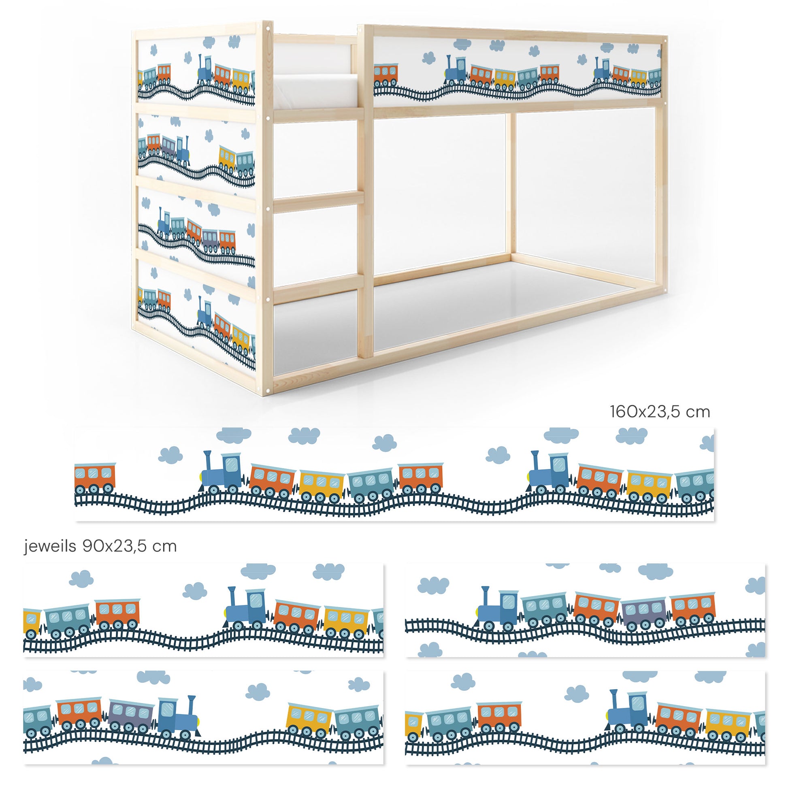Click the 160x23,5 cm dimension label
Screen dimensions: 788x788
pos(660,412)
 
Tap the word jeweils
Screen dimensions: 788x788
pos(50,546)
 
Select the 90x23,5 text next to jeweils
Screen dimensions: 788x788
pos(129,546)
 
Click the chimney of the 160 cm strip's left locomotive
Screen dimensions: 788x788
pos(208,461)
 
